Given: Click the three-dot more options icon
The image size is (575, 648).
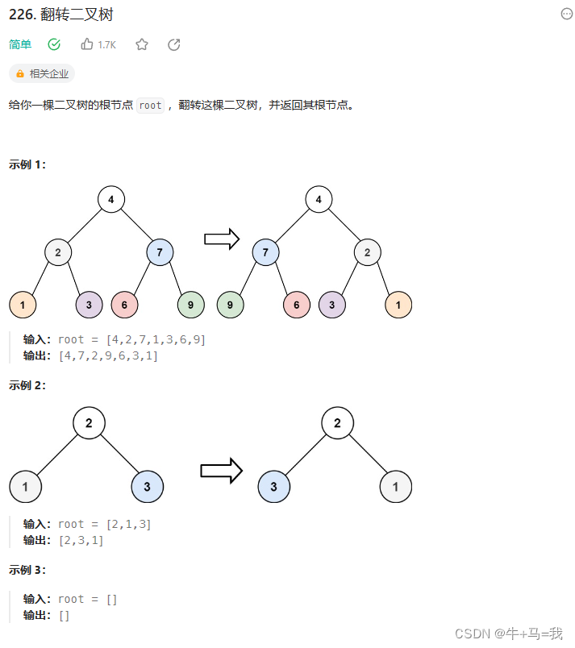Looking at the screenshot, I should click(x=566, y=14).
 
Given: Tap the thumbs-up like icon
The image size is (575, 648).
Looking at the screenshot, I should click(x=87, y=44).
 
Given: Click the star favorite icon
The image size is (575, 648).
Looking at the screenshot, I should click(x=142, y=44).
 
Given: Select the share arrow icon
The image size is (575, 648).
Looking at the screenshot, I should click(x=173, y=44).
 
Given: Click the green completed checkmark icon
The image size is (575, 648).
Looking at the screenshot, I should click(x=54, y=44).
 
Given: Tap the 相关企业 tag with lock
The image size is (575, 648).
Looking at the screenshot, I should click(x=42, y=73).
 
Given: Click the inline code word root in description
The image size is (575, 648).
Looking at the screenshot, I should click(x=151, y=106).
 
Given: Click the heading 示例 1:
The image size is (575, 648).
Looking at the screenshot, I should click(x=27, y=164).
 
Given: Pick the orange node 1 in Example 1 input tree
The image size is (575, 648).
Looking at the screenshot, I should click(x=23, y=305).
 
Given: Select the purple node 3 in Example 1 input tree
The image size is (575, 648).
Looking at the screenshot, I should click(x=89, y=305).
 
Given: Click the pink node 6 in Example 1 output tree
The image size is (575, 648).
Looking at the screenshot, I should click(x=297, y=305).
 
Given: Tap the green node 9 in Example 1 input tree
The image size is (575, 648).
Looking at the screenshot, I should click(x=190, y=305).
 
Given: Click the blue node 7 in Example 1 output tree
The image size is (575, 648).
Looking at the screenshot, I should click(x=265, y=253).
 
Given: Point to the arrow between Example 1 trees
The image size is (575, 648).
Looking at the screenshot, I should click(x=223, y=239).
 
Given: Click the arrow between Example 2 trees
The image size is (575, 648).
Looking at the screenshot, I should click(x=222, y=471).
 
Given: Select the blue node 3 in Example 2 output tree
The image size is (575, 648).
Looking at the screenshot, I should click(x=274, y=487).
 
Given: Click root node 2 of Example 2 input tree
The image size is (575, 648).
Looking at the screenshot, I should click(x=89, y=422).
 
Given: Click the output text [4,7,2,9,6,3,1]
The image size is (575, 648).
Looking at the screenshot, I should click(x=109, y=355).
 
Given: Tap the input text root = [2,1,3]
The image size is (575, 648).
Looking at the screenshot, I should click(x=105, y=525).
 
